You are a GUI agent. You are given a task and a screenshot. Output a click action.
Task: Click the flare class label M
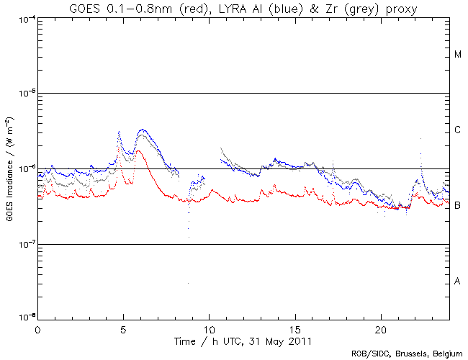[457, 55]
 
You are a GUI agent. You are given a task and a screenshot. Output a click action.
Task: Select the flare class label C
[457, 130]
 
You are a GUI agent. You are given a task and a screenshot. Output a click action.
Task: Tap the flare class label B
[457, 206]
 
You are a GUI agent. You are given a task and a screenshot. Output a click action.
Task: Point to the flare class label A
[457, 281]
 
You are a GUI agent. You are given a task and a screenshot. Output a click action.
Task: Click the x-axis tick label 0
[37, 328]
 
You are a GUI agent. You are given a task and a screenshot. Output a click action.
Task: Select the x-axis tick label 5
[123, 328]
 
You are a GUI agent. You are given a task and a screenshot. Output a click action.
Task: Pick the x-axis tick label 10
[209, 328]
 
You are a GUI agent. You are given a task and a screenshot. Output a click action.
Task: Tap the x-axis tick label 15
[295, 328]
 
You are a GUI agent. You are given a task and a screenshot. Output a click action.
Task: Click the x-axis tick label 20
[381, 328]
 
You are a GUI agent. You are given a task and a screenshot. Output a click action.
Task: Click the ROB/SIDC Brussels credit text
[407, 354]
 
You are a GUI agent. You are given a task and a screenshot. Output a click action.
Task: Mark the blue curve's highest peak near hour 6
[143, 130]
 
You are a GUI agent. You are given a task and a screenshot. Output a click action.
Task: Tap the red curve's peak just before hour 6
[136, 151]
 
